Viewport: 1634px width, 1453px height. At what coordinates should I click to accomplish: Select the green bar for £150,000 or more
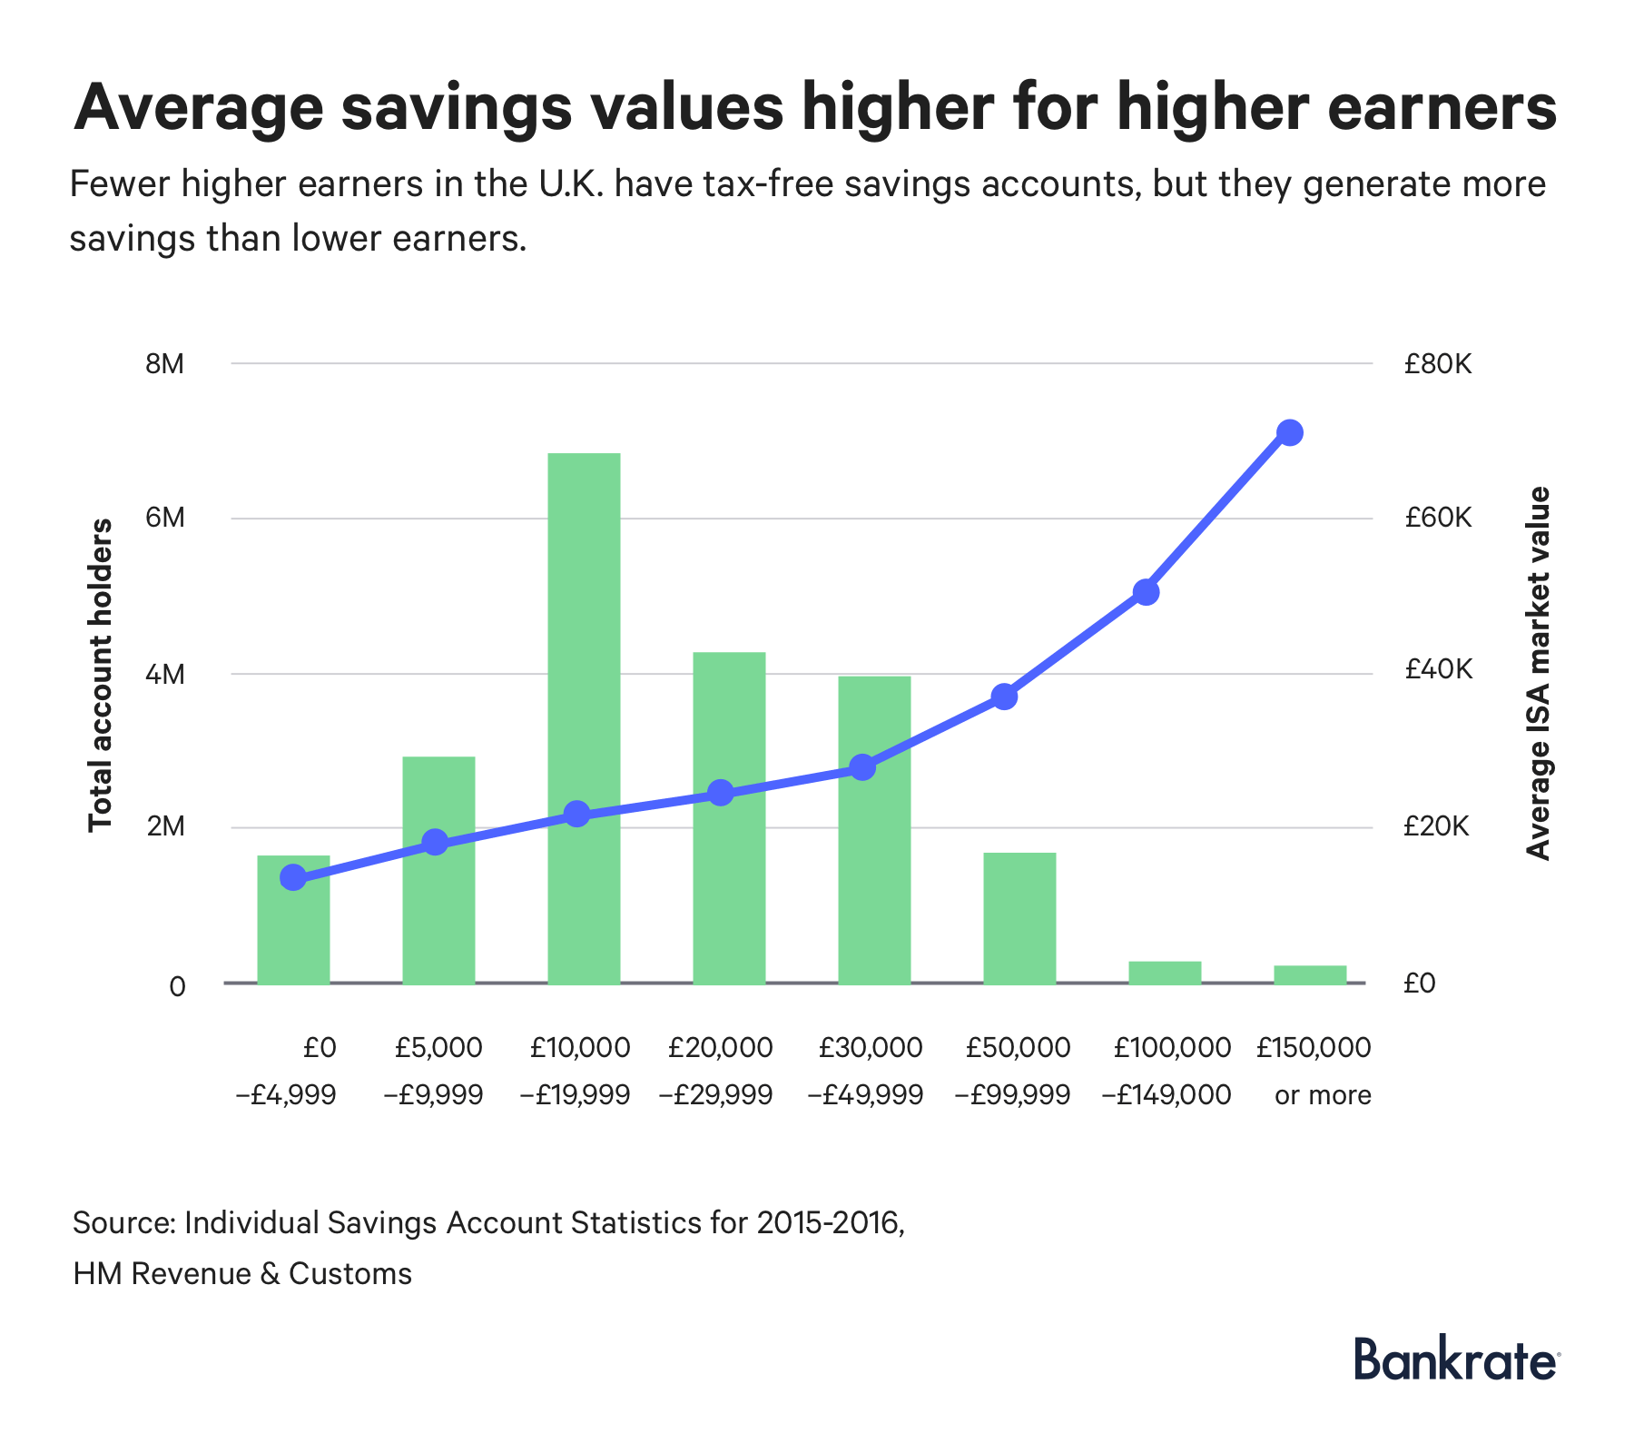(1310, 974)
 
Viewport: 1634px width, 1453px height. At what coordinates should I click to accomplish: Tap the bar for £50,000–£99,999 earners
(1019, 917)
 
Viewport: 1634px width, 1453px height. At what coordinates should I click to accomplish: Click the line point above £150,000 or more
(1290, 432)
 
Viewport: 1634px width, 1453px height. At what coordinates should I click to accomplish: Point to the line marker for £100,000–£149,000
(1146, 592)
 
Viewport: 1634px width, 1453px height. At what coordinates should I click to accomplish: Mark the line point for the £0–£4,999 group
(293, 877)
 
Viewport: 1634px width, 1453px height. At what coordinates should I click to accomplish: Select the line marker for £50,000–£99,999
(1004, 697)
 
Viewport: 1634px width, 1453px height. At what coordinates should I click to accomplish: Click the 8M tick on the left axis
(164, 364)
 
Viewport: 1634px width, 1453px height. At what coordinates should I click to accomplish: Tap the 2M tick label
(164, 827)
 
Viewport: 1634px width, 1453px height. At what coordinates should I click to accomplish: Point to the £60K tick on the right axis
(1437, 519)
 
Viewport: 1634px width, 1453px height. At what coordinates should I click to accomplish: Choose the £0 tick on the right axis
(1419, 983)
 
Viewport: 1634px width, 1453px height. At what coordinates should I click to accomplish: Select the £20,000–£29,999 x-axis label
(720, 1072)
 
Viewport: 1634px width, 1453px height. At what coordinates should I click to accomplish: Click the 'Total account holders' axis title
(101, 675)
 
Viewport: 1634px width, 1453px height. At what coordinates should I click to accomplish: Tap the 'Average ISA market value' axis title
(1538, 673)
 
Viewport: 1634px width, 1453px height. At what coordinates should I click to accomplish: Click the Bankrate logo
(1456, 1360)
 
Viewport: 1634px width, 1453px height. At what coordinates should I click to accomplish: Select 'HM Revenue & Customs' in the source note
(242, 1274)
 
